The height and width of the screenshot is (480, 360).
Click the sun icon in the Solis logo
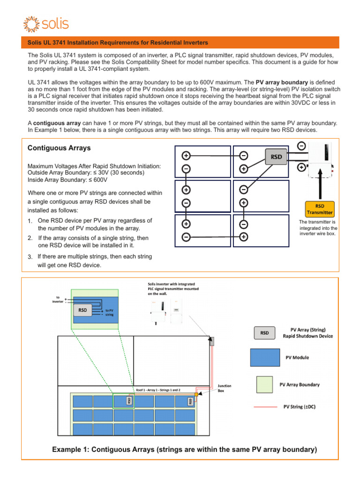click(31, 24)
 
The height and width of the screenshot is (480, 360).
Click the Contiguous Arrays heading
click(59, 148)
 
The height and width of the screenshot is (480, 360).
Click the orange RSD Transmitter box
click(320, 209)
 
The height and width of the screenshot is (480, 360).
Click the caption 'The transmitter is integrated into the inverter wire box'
click(319, 227)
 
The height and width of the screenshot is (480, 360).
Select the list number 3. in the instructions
click(30, 257)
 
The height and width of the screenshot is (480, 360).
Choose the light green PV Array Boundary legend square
click(264, 384)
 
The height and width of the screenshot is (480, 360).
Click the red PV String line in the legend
click(265, 407)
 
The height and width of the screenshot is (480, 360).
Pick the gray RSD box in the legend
click(264, 333)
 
